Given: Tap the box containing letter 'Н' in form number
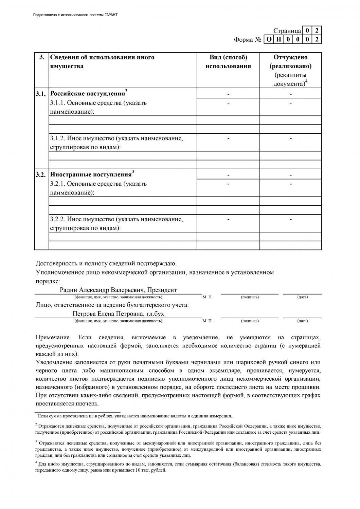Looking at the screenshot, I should [x=278, y=40].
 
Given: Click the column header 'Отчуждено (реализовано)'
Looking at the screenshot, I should [x=290, y=62].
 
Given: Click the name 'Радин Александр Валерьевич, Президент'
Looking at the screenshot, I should [x=118, y=290].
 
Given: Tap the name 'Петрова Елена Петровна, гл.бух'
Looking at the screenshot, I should [x=118, y=314].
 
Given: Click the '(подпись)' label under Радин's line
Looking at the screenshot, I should [x=250, y=297].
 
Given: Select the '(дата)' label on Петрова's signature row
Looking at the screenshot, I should [x=302, y=321].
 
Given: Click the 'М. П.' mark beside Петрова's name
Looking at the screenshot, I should [x=207, y=321].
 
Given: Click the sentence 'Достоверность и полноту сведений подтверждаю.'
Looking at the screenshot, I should [x=106, y=263].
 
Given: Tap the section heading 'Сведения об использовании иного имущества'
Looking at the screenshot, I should [x=102, y=62].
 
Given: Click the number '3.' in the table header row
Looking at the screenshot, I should [x=42, y=57].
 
